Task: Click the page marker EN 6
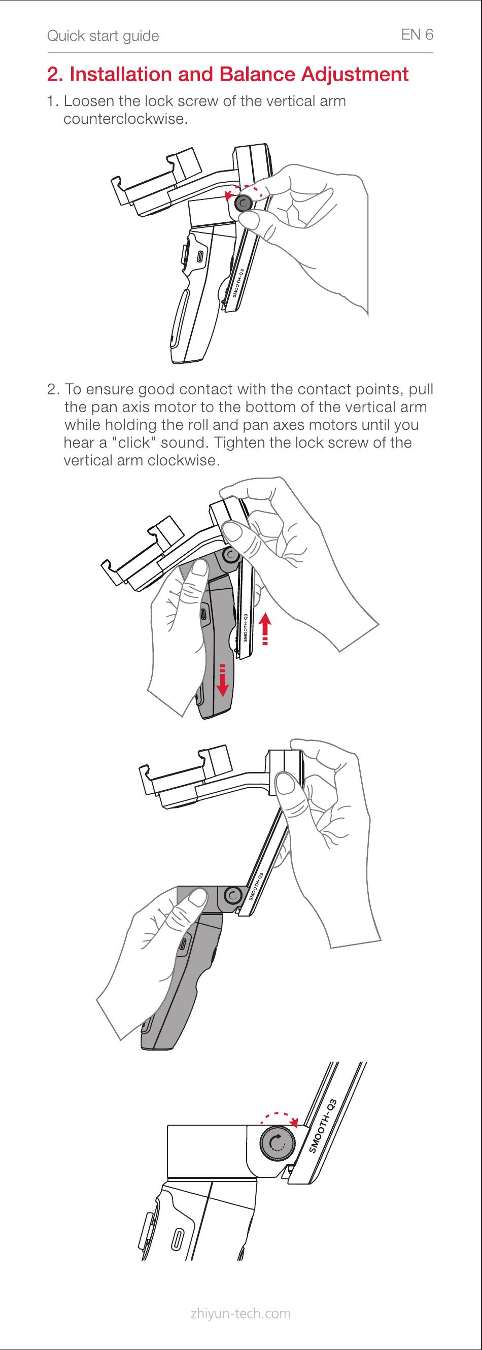pyautogui.click(x=417, y=35)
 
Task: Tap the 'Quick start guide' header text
pyautogui.click(x=102, y=36)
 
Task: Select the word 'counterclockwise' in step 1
pyautogui.click(x=124, y=119)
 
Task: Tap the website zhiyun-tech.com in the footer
pyautogui.click(x=241, y=1313)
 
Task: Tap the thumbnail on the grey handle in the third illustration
pyautogui.click(x=197, y=899)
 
